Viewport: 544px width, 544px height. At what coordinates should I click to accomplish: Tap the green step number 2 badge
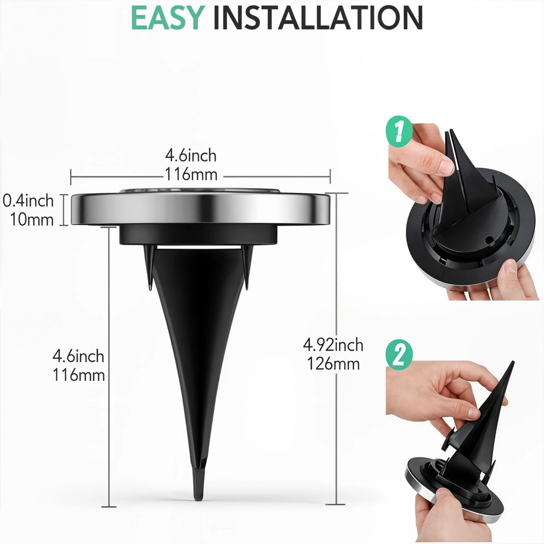(x=401, y=355)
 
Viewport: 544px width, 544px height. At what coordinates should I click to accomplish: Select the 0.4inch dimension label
(x=29, y=201)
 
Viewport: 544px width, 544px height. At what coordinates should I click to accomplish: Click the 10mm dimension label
(x=32, y=219)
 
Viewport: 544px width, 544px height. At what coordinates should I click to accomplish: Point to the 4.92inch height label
(x=333, y=345)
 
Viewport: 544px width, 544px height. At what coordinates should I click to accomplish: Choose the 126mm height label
(x=333, y=364)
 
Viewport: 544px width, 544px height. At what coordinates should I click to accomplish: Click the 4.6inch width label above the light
(x=191, y=156)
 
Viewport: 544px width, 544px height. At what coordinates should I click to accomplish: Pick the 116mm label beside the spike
(x=79, y=375)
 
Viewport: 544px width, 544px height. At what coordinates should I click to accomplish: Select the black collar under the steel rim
(x=198, y=234)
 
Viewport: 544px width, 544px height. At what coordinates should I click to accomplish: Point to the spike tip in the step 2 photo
(x=511, y=367)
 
